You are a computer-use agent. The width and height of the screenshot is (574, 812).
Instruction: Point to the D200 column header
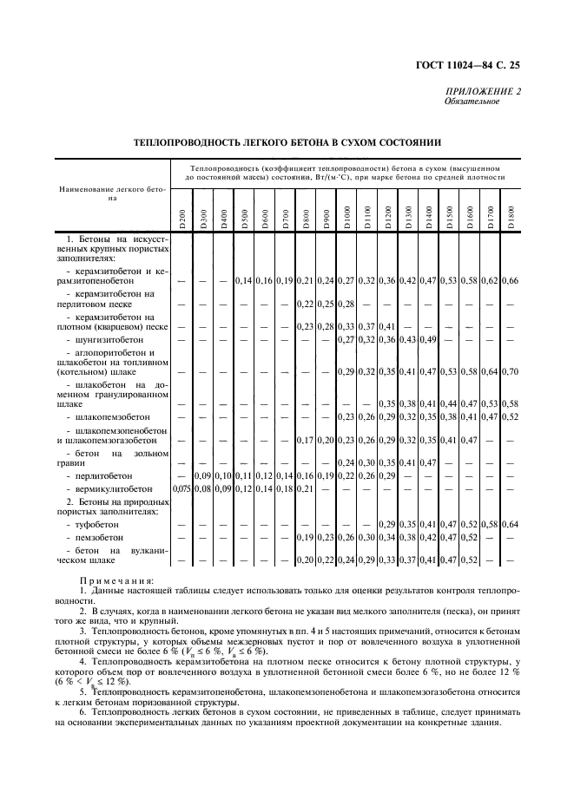pyautogui.click(x=181, y=219)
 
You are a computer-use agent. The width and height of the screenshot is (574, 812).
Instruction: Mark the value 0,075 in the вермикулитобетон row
pyautogui.click(x=181, y=489)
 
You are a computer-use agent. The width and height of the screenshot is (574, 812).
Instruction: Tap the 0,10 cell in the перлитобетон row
pyautogui.click(x=223, y=476)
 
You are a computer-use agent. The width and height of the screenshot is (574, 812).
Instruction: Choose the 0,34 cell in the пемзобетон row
pyautogui.click(x=366, y=538)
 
